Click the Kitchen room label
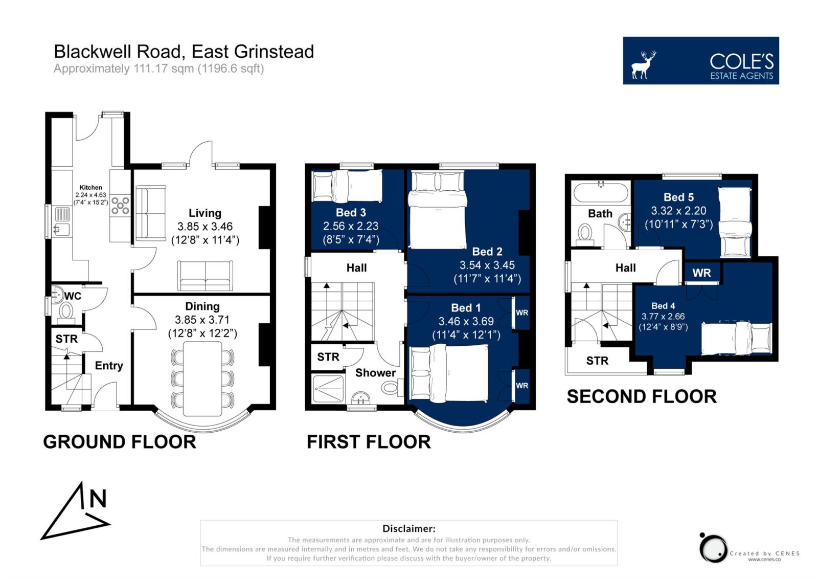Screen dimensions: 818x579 point(90,187)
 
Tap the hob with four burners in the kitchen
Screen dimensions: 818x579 point(120,205)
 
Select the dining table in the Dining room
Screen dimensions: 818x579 point(202,379)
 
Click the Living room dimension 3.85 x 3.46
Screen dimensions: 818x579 point(205,227)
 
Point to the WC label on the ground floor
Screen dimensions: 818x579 point(73,296)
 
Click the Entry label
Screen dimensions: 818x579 point(109,366)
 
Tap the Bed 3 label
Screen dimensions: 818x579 point(351,213)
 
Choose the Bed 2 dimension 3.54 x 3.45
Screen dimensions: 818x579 point(487,265)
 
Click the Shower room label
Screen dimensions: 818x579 point(375,372)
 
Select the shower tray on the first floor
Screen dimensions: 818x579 point(328,389)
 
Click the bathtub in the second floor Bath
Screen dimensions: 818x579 point(601,192)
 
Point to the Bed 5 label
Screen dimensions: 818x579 point(678,197)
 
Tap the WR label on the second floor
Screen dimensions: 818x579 point(701,273)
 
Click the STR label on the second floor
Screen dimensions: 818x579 point(598,361)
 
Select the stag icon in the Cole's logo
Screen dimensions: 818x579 point(644,64)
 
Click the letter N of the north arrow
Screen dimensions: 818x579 point(98,499)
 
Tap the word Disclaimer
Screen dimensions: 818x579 point(408,528)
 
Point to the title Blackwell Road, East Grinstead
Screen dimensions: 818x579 point(184,52)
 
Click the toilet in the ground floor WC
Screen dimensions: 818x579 point(66,314)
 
